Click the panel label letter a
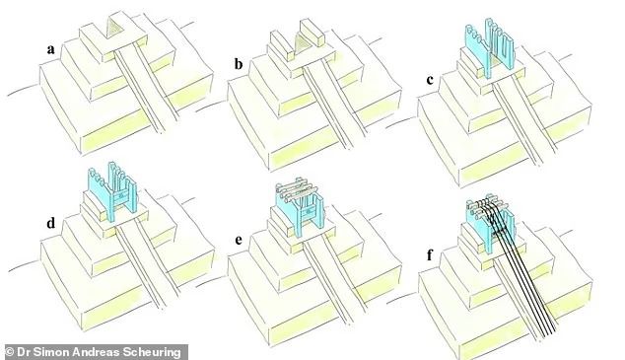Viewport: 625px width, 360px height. click(50, 50)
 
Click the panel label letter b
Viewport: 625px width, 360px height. click(239, 64)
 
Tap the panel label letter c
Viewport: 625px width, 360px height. click(430, 80)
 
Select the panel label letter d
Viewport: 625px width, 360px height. click(50, 223)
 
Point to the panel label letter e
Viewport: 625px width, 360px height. click(239, 241)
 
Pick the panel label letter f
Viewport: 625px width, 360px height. click(429, 254)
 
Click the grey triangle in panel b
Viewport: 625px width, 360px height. click(299, 43)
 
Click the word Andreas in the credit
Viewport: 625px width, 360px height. click(101, 352)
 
